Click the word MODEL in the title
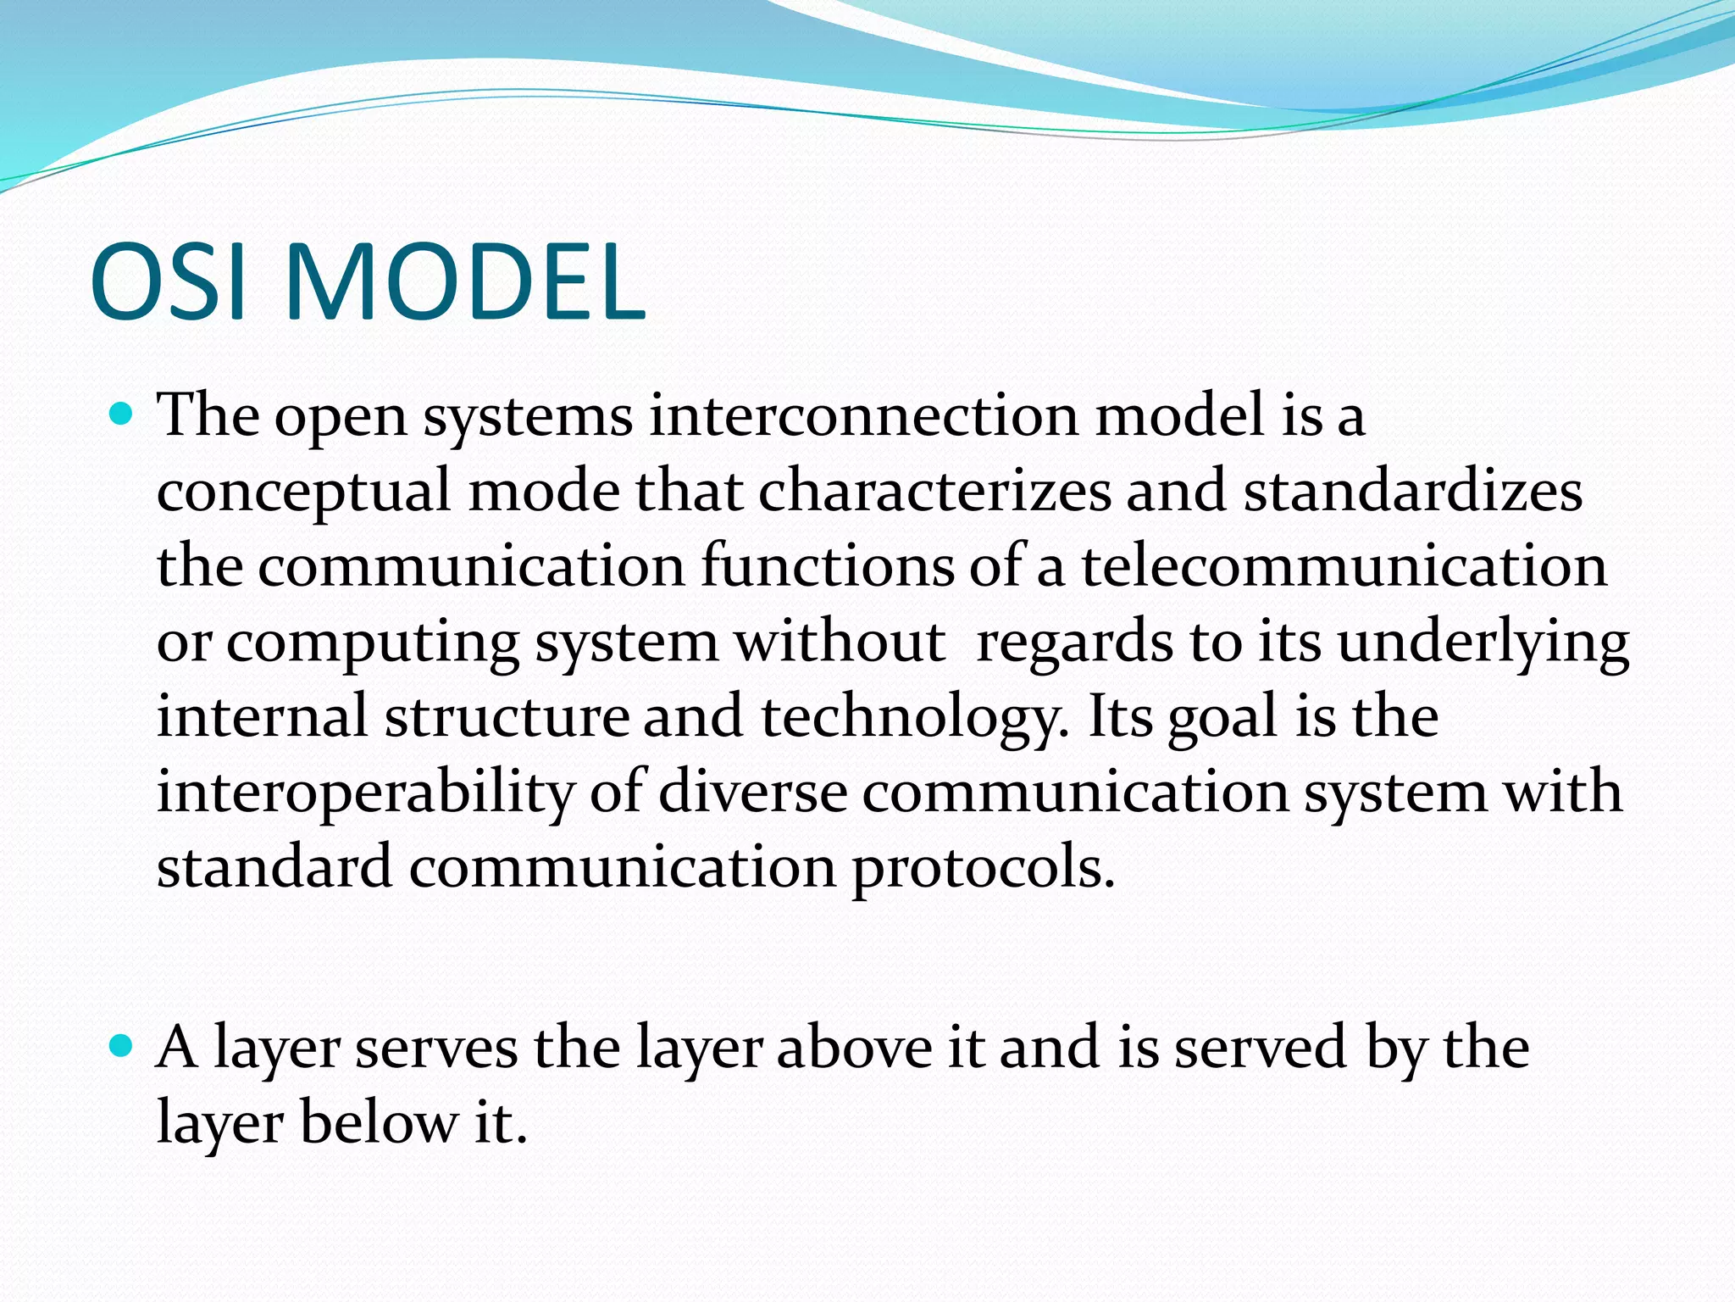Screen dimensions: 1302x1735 pos(465,282)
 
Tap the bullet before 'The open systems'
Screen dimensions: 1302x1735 pos(122,415)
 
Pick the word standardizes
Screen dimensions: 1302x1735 pos(1412,492)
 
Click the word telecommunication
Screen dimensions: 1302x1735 pos(1344,566)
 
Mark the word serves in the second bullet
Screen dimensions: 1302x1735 pos(435,1048)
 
